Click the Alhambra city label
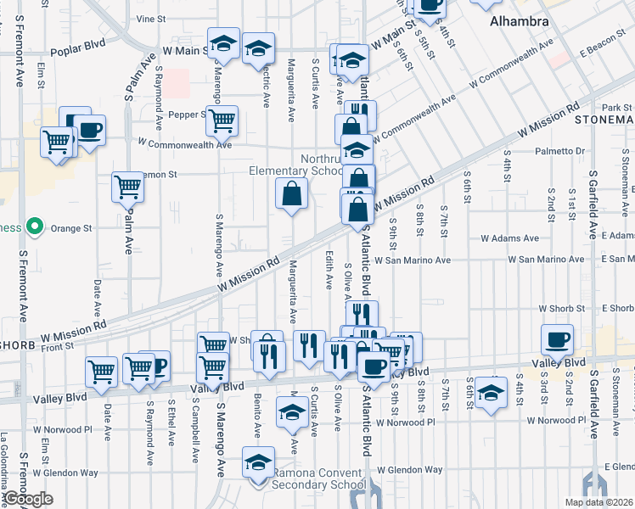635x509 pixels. tap(520, 21)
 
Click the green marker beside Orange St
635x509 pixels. tap(35, 227)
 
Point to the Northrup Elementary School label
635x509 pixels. tap(295, 165)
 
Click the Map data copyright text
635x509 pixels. tap(598, 502)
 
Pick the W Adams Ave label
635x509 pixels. tap(510, 238)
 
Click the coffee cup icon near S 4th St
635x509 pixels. tap(558, 339)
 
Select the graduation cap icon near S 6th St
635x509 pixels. tap(490, 393)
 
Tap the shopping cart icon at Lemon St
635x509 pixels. tap(127, 186)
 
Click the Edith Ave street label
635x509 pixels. tap(329, 269)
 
